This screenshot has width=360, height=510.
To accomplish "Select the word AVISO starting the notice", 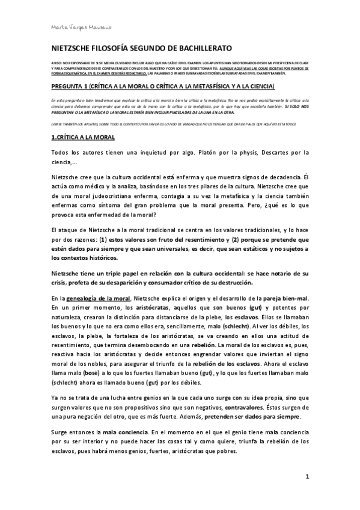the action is coord(56,64).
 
